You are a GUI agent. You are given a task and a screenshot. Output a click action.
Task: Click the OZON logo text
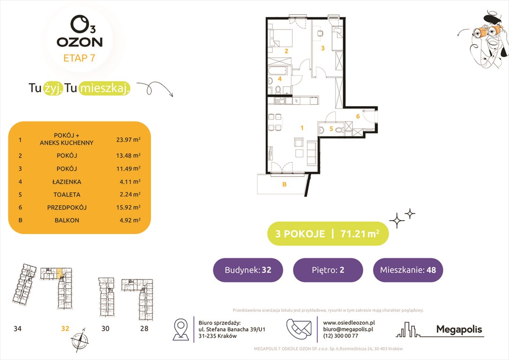coord(80,42)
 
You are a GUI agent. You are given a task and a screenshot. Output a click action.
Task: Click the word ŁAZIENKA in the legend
coord(67,181)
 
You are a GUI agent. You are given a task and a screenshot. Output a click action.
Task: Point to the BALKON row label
coord(67,220)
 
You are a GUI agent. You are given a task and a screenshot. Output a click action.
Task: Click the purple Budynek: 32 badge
coord(248,270)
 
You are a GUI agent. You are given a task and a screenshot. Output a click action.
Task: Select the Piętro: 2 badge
coord(328,270)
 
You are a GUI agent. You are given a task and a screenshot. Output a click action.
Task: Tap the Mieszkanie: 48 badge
coord(408,270)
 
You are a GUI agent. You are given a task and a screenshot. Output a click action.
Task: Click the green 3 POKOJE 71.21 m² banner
coord(328,233)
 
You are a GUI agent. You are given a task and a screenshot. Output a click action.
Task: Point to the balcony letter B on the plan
coord(284,185)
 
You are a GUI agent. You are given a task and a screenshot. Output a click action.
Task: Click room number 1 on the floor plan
coord(302,127)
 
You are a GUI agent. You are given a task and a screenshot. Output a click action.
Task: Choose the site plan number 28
coord(144,329)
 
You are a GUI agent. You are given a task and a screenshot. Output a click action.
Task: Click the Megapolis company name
coord(459,330)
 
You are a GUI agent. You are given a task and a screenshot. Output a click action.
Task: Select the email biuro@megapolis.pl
coord(348,330)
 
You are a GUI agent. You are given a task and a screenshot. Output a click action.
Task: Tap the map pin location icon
coord(181,329)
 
